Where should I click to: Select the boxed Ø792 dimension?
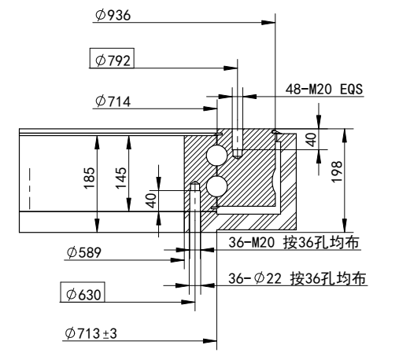pos(111,60)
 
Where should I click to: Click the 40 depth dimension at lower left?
pos(151,200)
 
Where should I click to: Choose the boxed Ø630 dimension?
pos(83,294)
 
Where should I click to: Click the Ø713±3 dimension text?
pos(91,334)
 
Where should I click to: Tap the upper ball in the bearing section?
pos(217,155)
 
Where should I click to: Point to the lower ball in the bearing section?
pos(217,186)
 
